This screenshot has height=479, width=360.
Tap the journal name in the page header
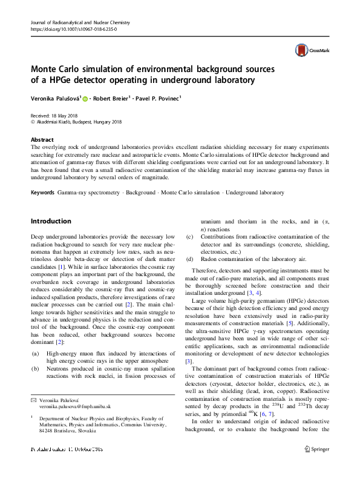pos(80,22)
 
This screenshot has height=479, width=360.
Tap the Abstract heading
pos(42,139)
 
